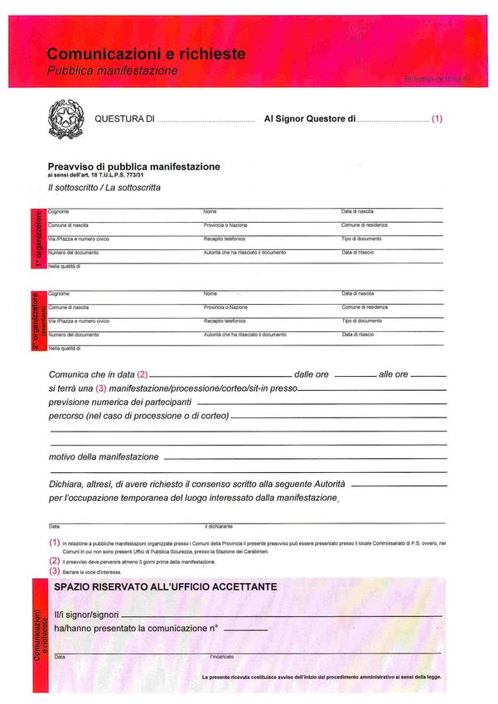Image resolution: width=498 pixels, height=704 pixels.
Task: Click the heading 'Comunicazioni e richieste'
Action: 146,55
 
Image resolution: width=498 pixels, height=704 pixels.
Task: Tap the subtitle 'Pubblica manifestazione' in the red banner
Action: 112,71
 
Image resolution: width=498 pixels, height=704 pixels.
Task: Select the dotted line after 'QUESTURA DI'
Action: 205,121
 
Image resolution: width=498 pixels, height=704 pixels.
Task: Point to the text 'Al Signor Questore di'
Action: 309,119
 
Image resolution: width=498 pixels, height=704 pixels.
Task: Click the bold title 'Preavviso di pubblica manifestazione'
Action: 133,166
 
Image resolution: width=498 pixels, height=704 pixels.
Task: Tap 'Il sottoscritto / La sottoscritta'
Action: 104,188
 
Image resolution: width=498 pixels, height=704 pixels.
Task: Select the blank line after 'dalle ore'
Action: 355,376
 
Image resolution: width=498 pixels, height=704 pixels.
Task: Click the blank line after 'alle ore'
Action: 428,376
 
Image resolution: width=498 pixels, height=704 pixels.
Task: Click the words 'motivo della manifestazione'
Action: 104,456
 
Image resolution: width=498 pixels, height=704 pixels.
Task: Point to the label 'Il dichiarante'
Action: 219,526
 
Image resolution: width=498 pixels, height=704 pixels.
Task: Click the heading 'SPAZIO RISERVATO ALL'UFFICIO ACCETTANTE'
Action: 165,586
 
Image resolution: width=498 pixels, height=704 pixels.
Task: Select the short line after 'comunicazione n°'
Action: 245,630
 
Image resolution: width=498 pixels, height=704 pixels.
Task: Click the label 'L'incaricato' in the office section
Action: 221,657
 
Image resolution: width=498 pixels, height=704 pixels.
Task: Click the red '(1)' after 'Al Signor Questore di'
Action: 438,119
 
